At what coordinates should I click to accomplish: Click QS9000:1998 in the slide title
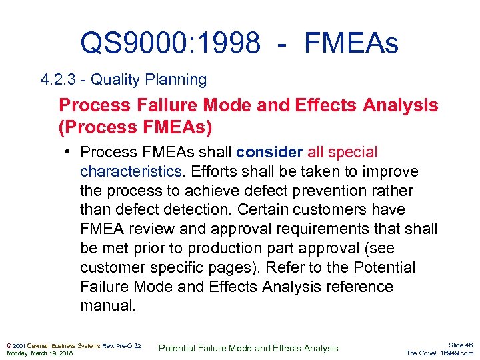[170, 43]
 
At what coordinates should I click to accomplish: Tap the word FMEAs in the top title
[351, 43]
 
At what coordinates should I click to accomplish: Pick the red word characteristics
[131, 172]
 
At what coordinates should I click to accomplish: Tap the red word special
[353, 153]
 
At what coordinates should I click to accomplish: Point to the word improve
[395, 172]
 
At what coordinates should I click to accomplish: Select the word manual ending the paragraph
[107, 307]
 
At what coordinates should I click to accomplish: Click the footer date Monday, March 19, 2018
[40, 353]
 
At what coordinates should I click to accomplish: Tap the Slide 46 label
[461, 345]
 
